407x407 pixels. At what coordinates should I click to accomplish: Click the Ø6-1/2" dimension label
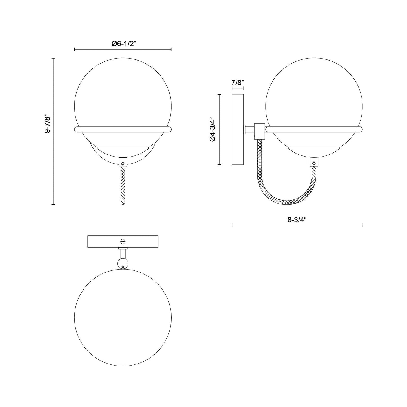[x=124, y=44]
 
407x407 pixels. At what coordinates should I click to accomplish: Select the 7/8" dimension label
[x=237, y=83]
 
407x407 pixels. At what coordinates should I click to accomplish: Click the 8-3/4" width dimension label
[x=297, y=220]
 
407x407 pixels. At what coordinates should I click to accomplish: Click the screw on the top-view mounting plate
[x=123, y=241]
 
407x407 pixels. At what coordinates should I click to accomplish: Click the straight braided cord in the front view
[x=123, y=186]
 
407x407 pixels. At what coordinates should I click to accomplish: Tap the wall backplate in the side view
[x=237, y=130]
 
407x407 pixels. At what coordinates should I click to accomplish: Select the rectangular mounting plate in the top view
[x=123, y=241]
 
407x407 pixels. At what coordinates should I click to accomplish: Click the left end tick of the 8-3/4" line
[x=232, y=225]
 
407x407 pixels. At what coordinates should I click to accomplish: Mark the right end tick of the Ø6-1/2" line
[x=171, y=49]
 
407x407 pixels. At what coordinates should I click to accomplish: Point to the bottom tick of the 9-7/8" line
[x=53, y=204]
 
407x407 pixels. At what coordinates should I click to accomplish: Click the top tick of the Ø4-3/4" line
[x=220, y=95]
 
